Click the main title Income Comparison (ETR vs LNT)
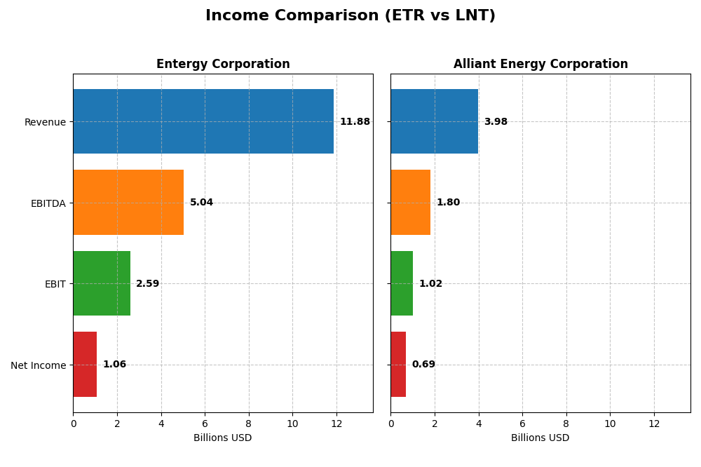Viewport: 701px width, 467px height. click(350, 16)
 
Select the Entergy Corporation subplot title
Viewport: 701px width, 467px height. click(223, 65)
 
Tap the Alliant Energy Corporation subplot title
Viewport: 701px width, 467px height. click(540, 65)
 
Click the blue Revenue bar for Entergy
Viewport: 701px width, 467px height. click(203, 121)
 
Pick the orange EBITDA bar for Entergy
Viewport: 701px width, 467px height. click(128, 203)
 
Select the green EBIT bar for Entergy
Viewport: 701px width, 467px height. click(102, 283)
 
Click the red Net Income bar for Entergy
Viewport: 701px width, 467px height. click(85, 365)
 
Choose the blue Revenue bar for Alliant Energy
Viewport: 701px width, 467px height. click(435, 121)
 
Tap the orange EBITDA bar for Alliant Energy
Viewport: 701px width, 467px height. click(411, 203)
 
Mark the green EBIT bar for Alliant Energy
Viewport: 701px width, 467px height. click(402, 283)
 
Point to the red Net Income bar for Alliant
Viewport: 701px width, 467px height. click(398, 365)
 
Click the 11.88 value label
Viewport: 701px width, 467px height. click(355, 122)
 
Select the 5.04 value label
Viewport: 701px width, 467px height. click(201, 203)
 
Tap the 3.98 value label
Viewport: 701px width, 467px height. click(496, 122)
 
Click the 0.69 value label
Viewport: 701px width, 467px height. click(423, 365)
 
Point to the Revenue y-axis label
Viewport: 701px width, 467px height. click(45, 123)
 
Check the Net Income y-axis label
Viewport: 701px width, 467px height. click(39, 365)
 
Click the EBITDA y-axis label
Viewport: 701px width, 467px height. click(48, 203)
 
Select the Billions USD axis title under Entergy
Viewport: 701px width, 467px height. click(223, 438)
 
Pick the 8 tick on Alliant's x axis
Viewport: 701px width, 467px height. click(566, 424)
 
